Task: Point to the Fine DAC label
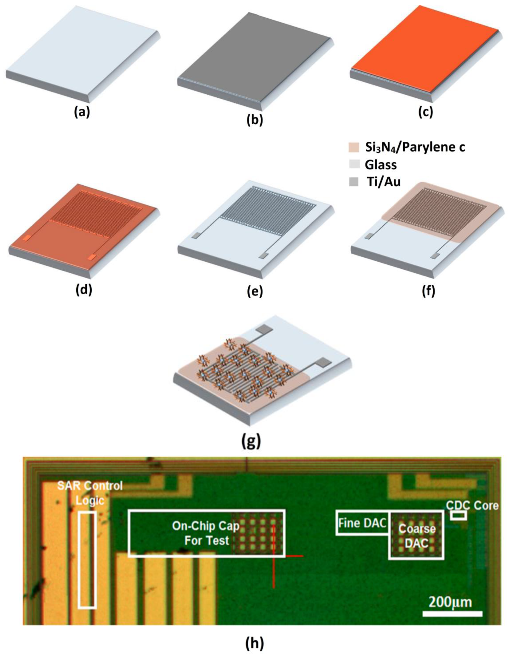tap(362, 523)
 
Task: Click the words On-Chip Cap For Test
tap(206, 533)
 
